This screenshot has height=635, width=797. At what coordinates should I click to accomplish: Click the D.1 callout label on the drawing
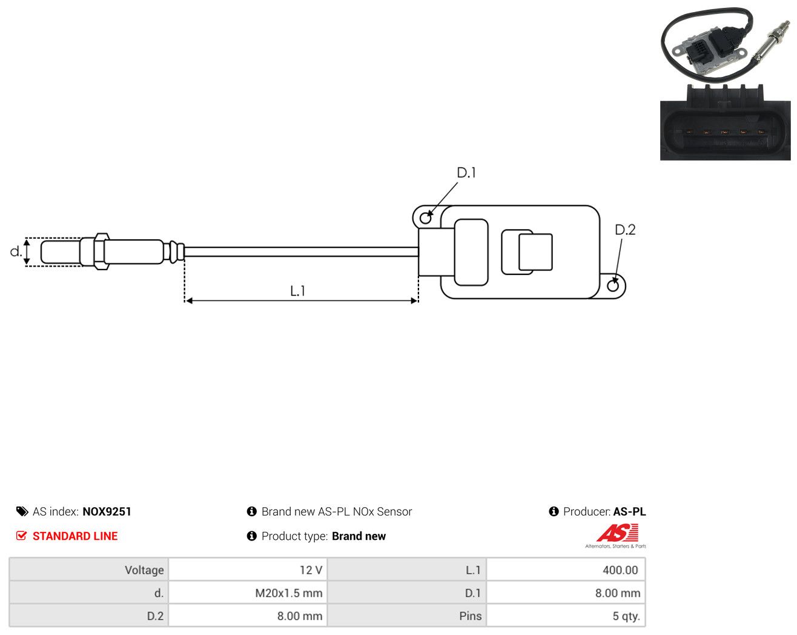[466, 173]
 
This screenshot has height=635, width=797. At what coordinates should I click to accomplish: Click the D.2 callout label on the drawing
[625, 230]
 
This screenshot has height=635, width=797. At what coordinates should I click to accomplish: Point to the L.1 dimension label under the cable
[297, 291]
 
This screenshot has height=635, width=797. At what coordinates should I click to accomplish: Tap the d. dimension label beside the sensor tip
[16, 251]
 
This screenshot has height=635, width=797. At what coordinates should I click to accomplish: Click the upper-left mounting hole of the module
[426, 218]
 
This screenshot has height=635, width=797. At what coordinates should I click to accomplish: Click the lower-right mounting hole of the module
[613, 286]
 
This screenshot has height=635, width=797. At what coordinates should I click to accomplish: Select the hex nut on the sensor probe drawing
[101, 251]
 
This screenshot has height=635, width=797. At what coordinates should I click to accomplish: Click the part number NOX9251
[107, 511]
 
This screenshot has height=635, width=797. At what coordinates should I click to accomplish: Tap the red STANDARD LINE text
[75, 536]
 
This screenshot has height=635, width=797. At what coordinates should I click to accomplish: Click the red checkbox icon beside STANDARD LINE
[21, 536]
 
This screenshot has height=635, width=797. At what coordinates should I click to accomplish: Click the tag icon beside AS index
[22, 511]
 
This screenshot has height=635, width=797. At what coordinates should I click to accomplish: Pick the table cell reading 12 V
[248, 570]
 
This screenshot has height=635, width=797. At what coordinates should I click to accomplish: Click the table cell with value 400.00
[566, 570]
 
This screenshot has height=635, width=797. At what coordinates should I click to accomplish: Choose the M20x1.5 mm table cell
[248, 593]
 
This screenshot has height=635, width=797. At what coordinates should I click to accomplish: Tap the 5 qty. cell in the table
[566, 616]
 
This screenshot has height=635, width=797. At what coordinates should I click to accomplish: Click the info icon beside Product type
[251, 536]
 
